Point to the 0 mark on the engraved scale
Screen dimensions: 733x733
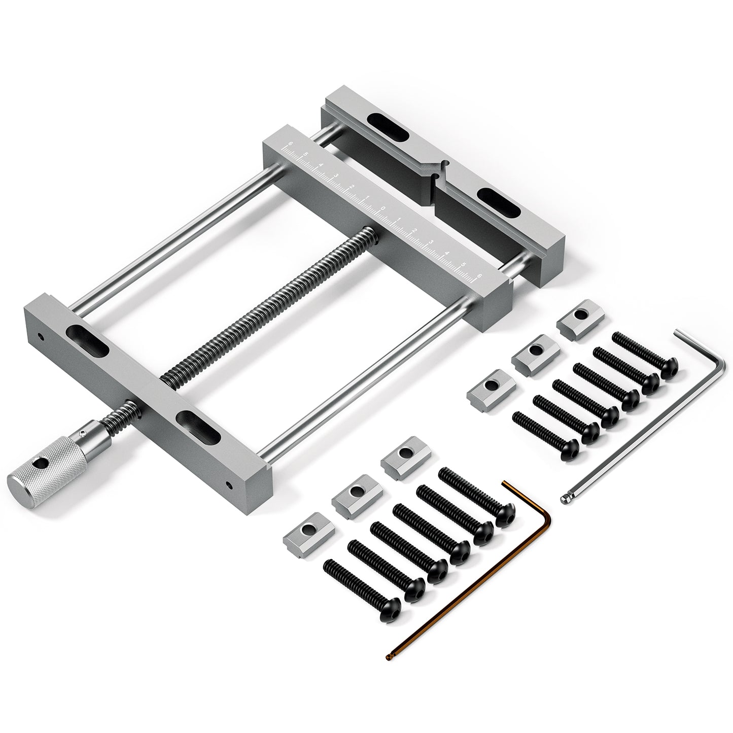383,208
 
